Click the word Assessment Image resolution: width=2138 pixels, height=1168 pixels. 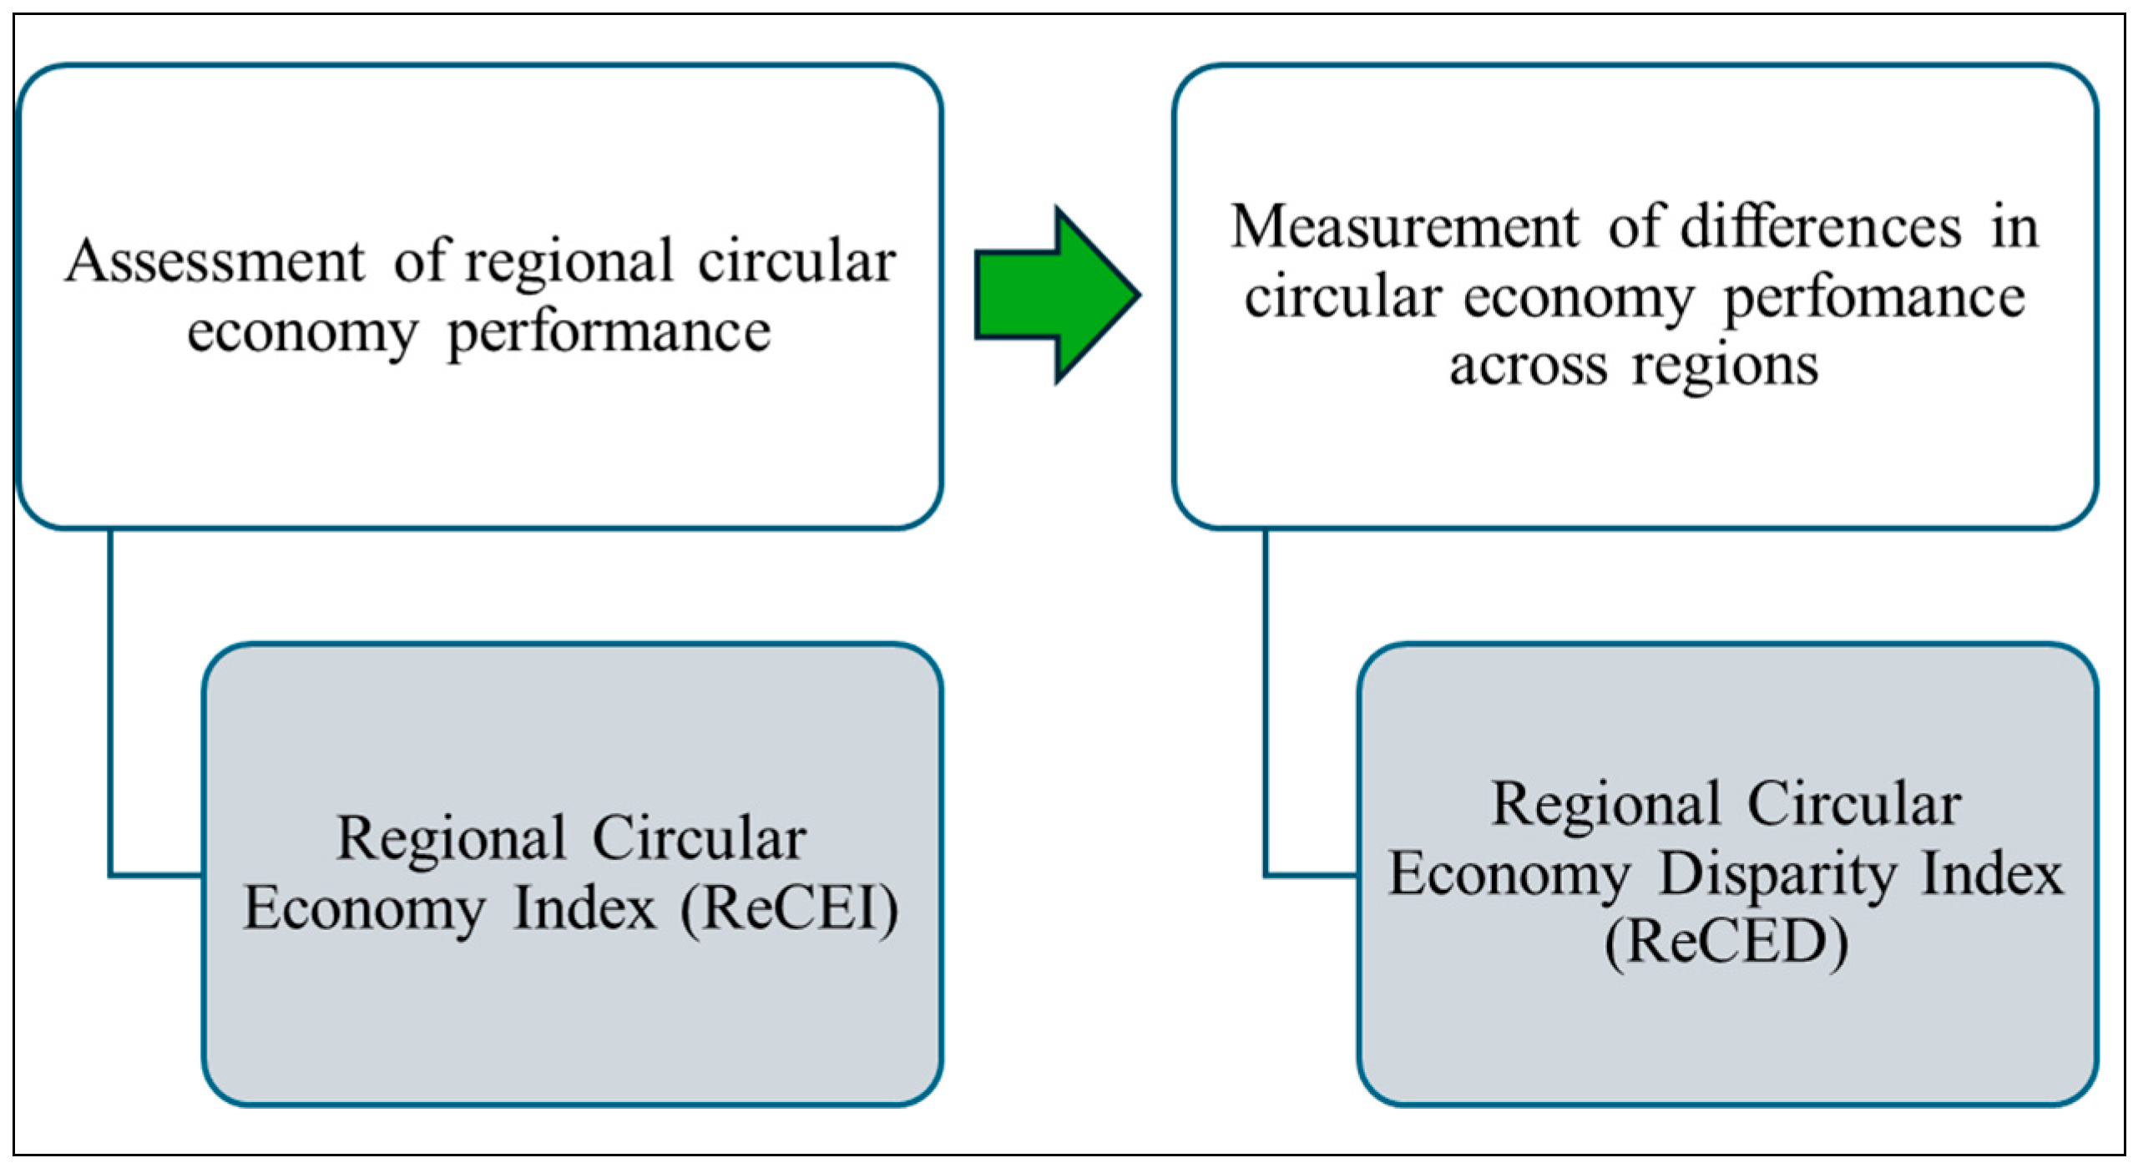[x=215, y=261]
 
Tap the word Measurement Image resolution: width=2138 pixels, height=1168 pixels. [x=1404, y=227]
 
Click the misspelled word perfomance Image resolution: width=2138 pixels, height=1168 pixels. [x=1874, y=298]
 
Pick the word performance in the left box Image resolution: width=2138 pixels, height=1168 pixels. [x=609, y=333]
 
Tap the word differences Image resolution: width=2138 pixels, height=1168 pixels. [x=1820, y=227]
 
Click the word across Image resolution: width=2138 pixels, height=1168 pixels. [x=1528, y=366]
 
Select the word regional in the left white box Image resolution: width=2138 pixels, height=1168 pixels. [x=569, y=261]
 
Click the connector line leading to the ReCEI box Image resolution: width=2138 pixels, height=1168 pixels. [x=110, y=710]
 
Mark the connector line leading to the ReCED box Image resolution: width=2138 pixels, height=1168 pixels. [x=1266, y=710]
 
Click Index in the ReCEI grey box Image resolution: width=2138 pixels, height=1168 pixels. [x=584, y=908]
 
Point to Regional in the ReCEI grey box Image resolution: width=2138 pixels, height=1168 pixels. [x=451, y=840]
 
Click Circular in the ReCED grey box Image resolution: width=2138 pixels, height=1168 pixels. [x=1853, y=805]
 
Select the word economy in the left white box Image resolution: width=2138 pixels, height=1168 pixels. [x=302, y=333]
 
